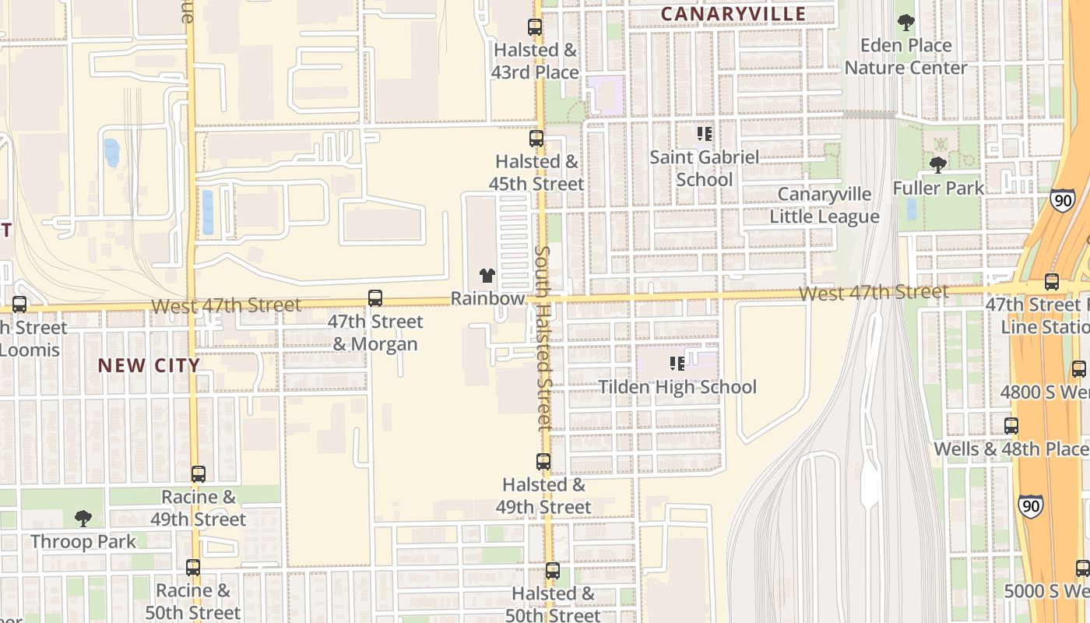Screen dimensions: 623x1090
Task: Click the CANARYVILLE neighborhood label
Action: click(x=733, y=14)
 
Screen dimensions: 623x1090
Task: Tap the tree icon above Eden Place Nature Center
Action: click(x=905, y=23)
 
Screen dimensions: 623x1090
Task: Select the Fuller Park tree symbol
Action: click(x=938, y=165)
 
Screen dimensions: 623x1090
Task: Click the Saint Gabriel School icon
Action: click(x=705, y=135)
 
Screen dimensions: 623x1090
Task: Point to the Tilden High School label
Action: click(x=677, y=387)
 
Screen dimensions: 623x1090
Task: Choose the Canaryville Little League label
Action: click(x=825, y=206)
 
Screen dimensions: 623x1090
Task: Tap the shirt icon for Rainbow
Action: click(x=487, y=276)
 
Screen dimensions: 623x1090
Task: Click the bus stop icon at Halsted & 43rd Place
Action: click(x=535, y=27)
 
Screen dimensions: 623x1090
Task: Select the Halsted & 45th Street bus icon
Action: click(x=536, y=139)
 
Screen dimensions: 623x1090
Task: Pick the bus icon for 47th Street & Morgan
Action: click(x=375, y=298)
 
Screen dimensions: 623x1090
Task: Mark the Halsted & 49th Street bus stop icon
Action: click(x=543, y=462)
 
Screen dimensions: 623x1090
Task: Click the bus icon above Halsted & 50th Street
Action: click(x=553, y=571)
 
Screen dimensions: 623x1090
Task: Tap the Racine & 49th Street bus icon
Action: click(x=199, y=474)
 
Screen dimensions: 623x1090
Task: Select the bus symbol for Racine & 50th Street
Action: click(x=193, y=568)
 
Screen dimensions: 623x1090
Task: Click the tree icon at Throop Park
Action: click(x=83, y=519)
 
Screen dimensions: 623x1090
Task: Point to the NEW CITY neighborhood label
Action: click(x=149, y=365)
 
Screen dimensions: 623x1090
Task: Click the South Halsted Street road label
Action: click(x=543, y=338)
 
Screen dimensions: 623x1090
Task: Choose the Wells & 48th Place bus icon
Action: click(x=1011, y=426)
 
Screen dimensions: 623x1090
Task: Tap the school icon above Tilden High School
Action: click(x=677, y=364)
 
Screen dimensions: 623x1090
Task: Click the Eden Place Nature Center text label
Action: click(x=905, y=56)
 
